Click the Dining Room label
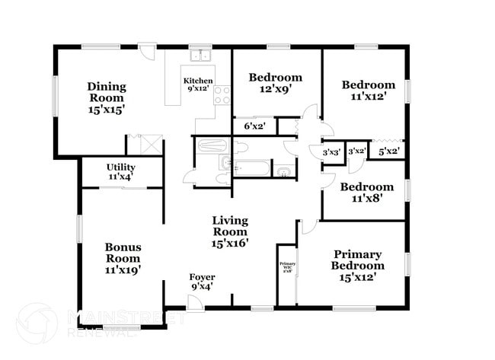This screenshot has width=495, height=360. click(x=106, y=97)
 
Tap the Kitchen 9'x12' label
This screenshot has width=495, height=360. click(x=198, y=84)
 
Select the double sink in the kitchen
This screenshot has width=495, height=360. click(x=200, y=55)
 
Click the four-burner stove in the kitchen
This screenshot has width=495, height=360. click(x=222, y=94)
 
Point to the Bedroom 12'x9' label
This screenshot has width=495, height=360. click(x=276, y=83)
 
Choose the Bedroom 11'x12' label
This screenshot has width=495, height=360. click(x=368, y=91)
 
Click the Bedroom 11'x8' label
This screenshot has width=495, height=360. click(x=366, y=193)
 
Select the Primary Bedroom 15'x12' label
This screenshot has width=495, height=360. click(x=357, y=266)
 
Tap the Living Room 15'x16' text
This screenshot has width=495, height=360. click(x=229, y=232)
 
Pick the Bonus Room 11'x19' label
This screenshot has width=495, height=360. click(x=123, y=258)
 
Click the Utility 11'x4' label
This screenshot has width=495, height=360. click(x=120, y=171)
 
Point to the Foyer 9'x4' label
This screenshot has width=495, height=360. click(x=201, y=282)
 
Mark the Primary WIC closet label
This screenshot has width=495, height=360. click(x=286, y=266)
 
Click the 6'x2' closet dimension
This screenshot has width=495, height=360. click(x=254, y=126)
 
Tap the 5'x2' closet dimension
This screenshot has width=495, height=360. click(x=389, y=151)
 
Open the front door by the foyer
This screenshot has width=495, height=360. click(x=195, y=301)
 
